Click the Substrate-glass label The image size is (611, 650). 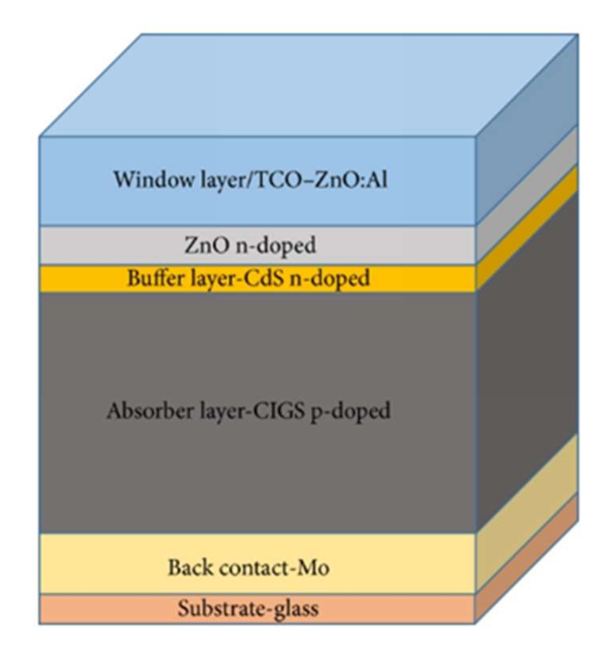248,608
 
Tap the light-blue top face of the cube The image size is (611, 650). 306,85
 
